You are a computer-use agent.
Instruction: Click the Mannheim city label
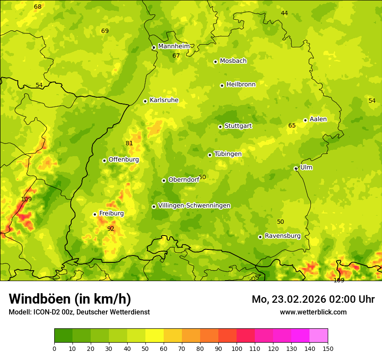click(x=174, y=46)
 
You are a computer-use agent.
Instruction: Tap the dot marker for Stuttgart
click(x=220, y=127)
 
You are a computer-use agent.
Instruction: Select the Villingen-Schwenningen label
click(x=194, y=206)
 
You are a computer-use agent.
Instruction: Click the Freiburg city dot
click(x=95, y=214)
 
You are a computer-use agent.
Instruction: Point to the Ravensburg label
click(x=283, y=236)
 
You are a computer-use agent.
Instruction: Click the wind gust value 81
click(x=129, y=144)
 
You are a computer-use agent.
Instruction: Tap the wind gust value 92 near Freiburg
click(x=111, y=229)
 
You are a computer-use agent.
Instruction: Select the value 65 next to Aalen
click(x=292, y=126)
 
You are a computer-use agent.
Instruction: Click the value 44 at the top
click(x=284, y=13)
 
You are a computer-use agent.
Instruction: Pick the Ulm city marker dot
click(x=296, y=168)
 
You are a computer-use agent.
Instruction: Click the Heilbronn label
click(x=241, y=85)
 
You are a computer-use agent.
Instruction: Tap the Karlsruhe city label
click(x=164, y=100)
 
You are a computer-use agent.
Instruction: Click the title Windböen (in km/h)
click(x=70, y=299)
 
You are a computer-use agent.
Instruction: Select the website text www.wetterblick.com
click(x=313, y=312)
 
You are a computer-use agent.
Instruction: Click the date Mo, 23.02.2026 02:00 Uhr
click(x=313, y=299)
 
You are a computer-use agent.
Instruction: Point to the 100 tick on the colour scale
click(x=237, y=348)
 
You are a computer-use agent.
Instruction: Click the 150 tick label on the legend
click(x=328, y=348)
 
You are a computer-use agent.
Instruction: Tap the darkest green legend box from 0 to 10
click(x=63, y=336)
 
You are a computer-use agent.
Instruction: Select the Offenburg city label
click(x=124, y=160)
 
